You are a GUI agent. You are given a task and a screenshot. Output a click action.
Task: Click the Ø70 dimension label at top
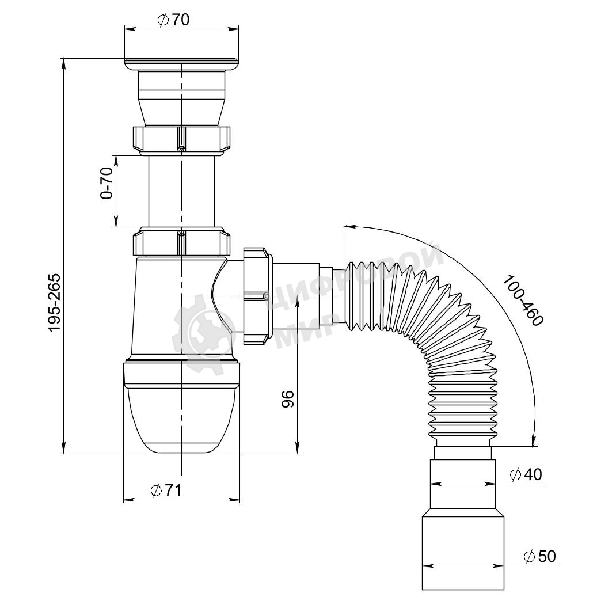tap(173, 20)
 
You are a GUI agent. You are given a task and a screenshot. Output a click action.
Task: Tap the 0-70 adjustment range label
tap(107, 183)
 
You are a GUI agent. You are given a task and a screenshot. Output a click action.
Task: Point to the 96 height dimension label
tap(288, 399)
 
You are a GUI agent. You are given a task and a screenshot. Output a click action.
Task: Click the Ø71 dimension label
tap(166, 490)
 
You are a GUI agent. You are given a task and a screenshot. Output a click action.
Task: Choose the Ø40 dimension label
tap(526, 474)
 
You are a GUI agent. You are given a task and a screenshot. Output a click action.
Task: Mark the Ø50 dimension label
tap(540, 556)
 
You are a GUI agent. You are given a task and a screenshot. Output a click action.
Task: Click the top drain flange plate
tap(181, 64)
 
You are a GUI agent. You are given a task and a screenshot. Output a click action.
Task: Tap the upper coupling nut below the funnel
tap(181, 140)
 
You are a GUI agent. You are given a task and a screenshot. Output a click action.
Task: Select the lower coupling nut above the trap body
tap(181, 243)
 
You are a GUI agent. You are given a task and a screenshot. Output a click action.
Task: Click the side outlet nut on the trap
tap(257, 296)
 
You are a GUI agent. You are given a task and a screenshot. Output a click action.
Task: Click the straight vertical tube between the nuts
tap(181, 191)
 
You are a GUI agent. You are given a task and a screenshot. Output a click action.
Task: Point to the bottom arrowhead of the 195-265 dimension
tap(64, 447)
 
